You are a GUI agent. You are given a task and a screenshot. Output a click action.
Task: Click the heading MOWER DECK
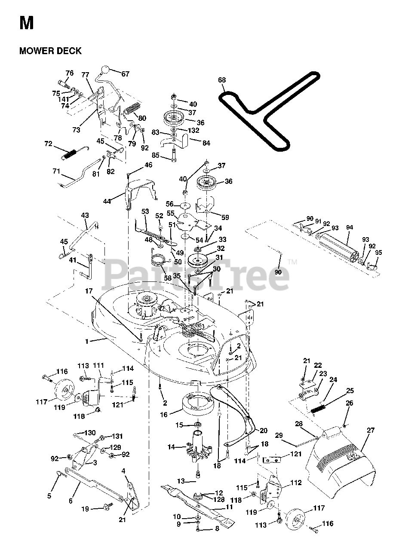pos(50,51)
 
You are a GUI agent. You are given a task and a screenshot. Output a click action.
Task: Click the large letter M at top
pos(26,22)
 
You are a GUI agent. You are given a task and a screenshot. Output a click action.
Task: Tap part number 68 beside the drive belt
pos(221,80)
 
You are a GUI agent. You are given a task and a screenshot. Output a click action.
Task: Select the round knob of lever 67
pos(105,70)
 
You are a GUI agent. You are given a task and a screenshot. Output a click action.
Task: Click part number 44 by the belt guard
pos(107,201)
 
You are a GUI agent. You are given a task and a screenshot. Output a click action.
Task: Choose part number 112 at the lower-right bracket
pos(296,483)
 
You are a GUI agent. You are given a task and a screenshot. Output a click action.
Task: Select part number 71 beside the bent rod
pos(56,171)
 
